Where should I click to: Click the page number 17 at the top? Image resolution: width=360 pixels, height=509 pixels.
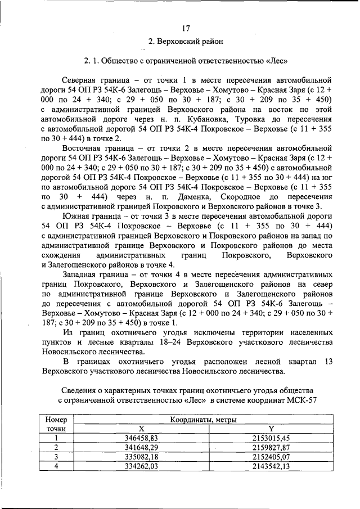186,29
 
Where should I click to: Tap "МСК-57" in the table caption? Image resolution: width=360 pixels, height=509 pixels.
298,400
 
